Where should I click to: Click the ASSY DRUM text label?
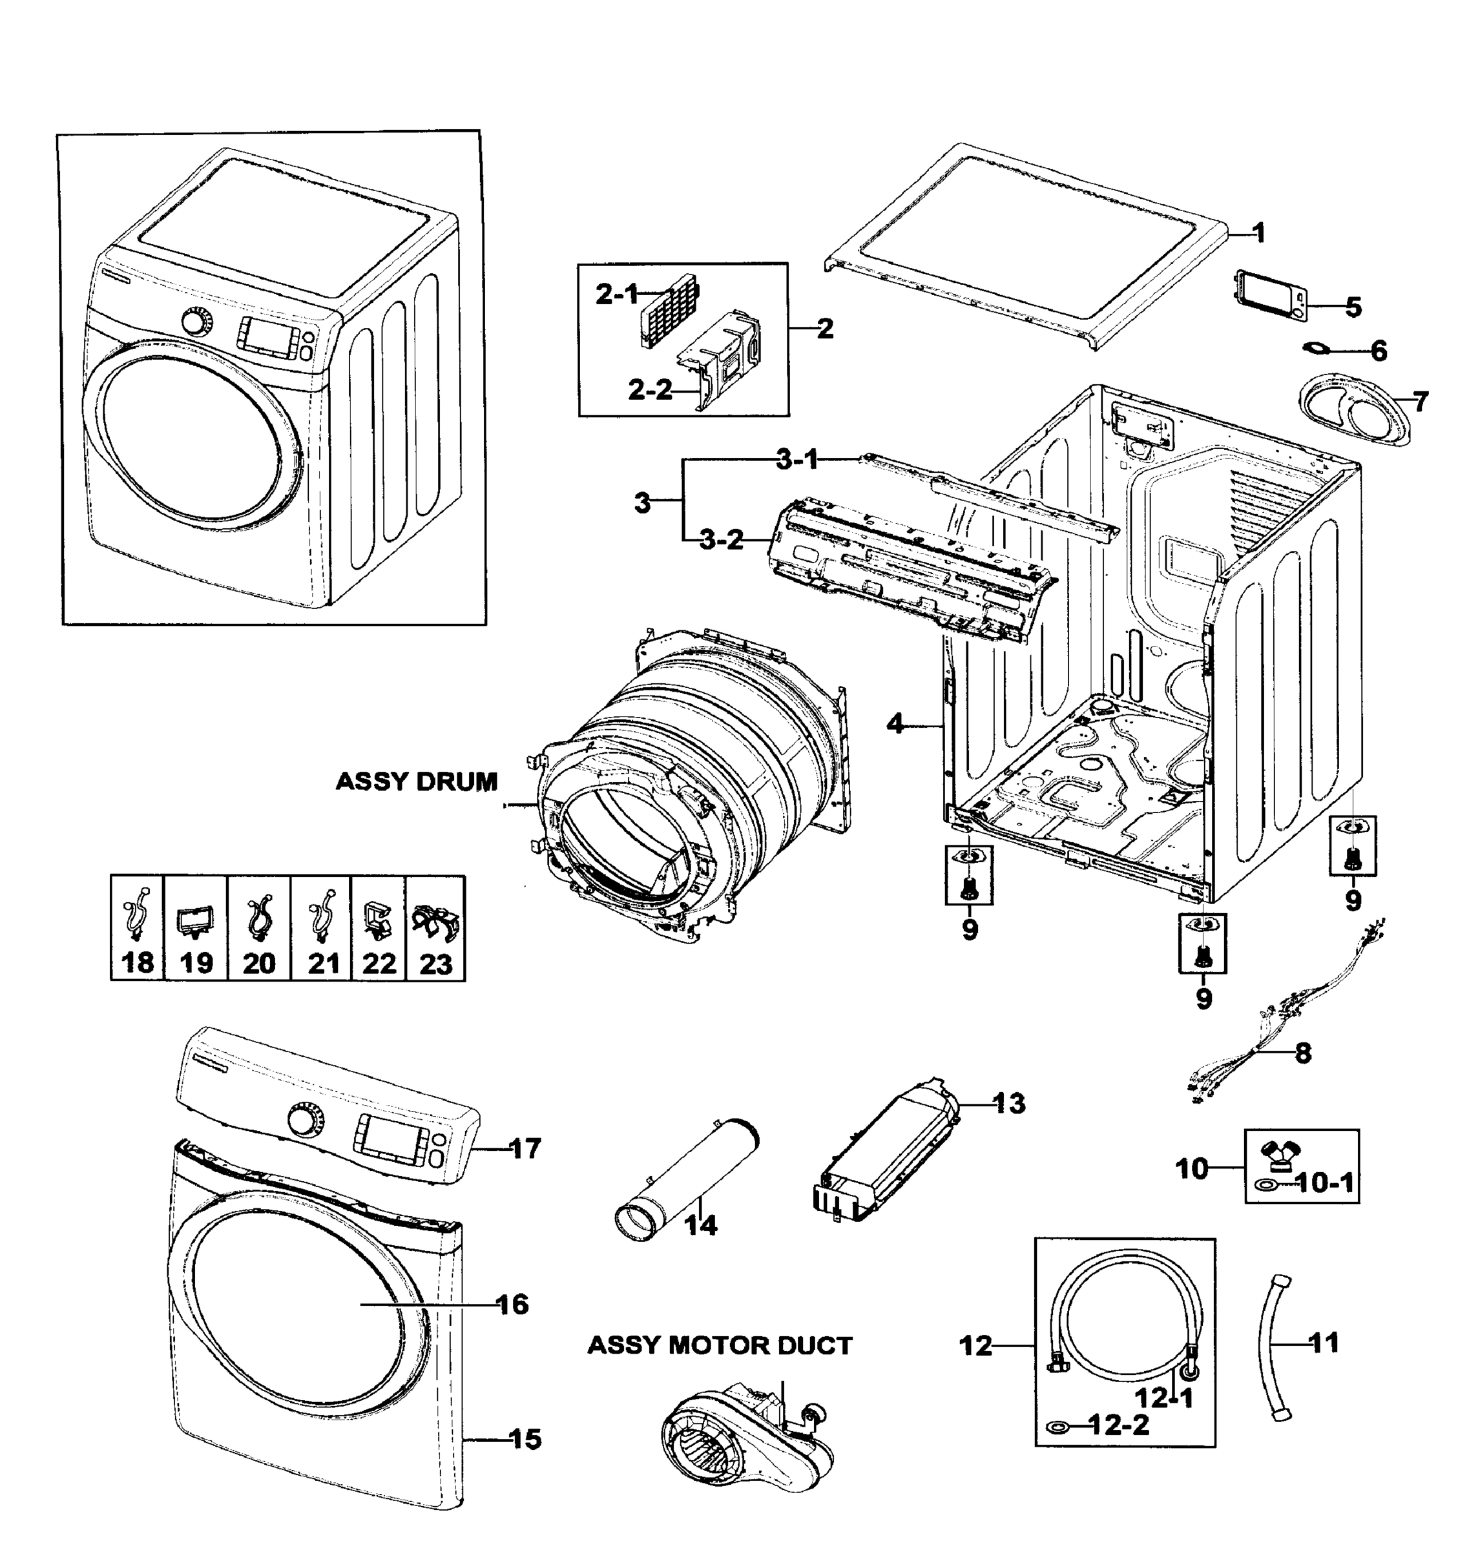click(x=417, y=781)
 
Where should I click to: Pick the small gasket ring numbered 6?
click(x=1319, y=347)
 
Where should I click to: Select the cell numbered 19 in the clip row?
click(x=196, y=928)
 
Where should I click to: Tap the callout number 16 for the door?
click(x=512, y=1304)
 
